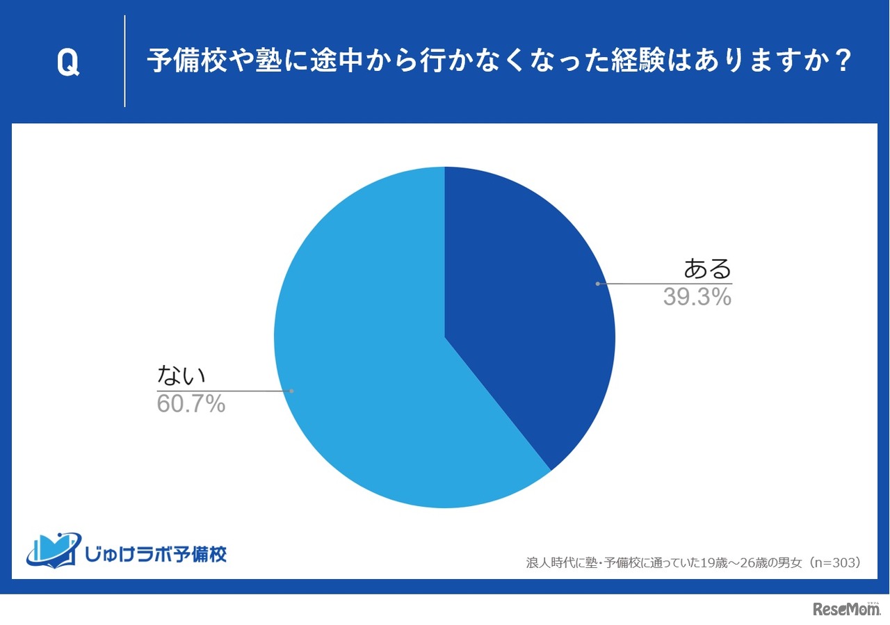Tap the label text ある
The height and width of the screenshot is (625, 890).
(708, 268)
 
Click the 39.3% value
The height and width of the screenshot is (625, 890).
(697, 298)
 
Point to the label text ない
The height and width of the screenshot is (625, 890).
(182, 375)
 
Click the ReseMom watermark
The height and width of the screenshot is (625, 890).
(845, 609)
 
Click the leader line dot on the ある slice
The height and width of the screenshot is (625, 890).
(597, 284)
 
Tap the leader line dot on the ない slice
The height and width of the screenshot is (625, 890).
(291, 391)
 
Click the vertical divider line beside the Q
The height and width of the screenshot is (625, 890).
(125, 61)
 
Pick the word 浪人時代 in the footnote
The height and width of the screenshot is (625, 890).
(548, 562)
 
